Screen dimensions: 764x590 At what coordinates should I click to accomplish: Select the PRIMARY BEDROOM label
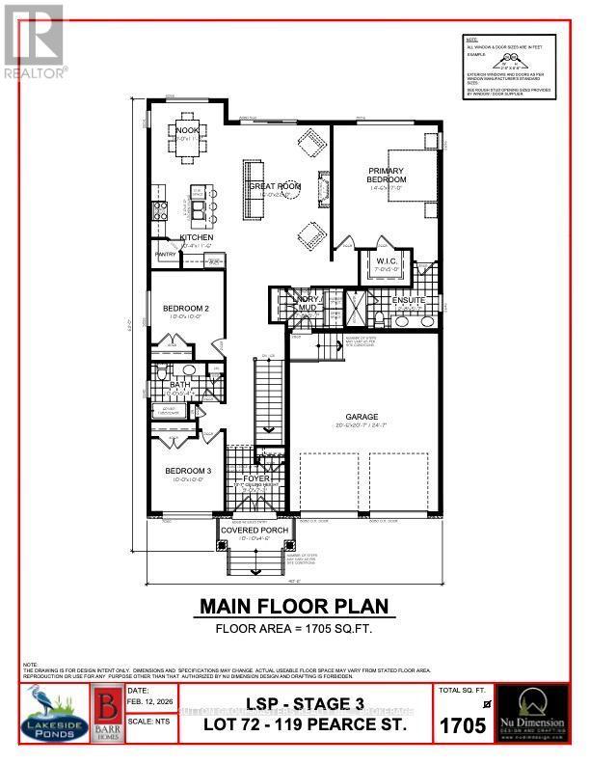[387, 175]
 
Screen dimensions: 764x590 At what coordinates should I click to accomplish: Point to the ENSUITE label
[408, 301]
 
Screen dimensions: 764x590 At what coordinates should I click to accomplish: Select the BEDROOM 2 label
[187, 309]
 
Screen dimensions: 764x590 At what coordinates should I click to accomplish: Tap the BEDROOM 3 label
[187, 471]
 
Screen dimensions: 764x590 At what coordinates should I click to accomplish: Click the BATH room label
[178, 385]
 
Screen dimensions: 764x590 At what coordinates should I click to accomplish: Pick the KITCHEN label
[197, 237]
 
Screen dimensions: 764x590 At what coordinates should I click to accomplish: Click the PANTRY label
[166, 255]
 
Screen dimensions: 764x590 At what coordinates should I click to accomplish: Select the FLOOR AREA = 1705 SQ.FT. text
[293, 628]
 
